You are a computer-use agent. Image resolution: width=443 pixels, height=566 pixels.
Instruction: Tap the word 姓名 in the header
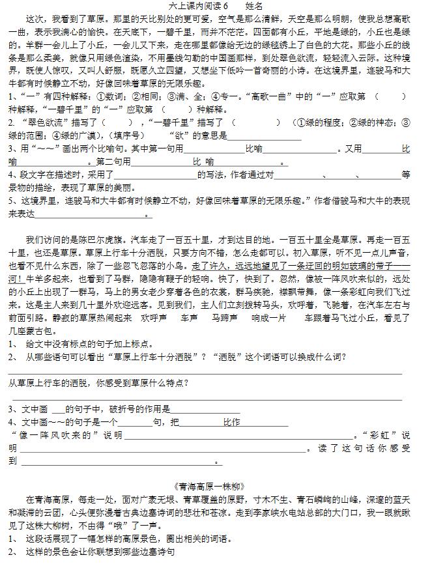pyautogui.click(x=253, y=5)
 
